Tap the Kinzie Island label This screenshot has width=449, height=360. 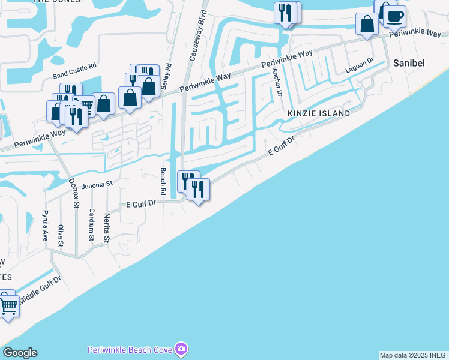(318, 113)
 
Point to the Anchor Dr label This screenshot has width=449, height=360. (277, 82)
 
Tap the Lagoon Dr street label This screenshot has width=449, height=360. (360, 65)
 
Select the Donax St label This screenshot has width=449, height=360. (74, 193)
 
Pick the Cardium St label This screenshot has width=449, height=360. (91, 224)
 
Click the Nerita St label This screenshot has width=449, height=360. (107, 228)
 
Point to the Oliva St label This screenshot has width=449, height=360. (61, 235)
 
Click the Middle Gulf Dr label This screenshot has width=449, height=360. (40, 289)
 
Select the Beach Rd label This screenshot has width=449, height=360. (162, 181)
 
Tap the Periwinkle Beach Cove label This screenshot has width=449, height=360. (130, 349)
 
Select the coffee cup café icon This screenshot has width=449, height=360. (394, 16)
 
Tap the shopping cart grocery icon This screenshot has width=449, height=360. (8, 307)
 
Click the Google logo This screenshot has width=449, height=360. (20, 353)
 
